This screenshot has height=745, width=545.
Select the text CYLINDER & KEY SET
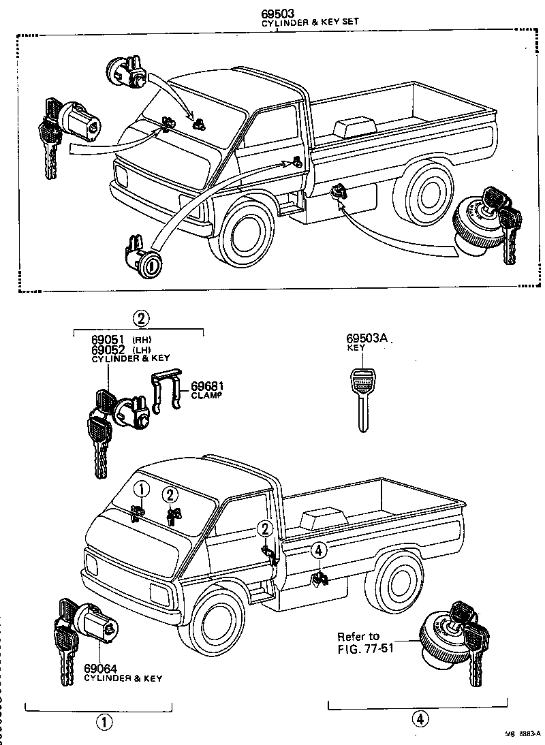pos(310,22)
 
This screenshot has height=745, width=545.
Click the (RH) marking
pos(141,340)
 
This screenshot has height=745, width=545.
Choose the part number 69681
pos(207,385)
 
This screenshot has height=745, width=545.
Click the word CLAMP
pos(206,395)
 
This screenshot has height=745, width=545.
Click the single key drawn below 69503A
pos(362,398)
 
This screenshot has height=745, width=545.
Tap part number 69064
pos(100,669)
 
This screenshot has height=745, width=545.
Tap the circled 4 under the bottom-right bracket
pos(420,718)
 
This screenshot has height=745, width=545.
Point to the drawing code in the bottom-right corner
pos(521,734)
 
